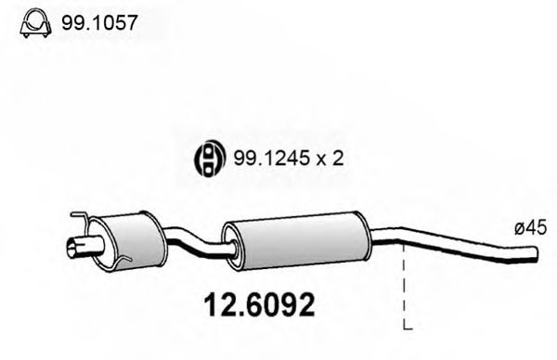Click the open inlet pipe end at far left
(72, 247)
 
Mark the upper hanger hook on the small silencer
(82, 219)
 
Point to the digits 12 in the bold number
(215, 302)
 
